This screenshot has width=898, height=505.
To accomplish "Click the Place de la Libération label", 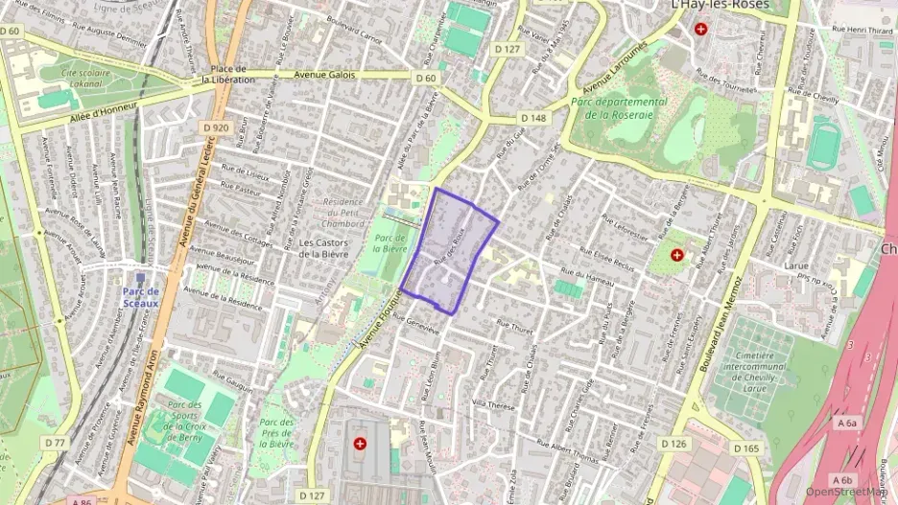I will coord(229,75).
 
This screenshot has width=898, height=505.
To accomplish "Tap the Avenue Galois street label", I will coord(324,75).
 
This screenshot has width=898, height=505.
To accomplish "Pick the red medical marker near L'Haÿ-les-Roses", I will coord(701,30).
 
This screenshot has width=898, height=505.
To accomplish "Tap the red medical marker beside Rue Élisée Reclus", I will coord(677,256).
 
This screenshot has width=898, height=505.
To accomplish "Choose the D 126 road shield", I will coord(674,444).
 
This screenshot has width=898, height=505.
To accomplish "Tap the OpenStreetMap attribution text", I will coord(846,492).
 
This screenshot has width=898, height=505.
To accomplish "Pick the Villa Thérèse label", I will coord(494,404).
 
